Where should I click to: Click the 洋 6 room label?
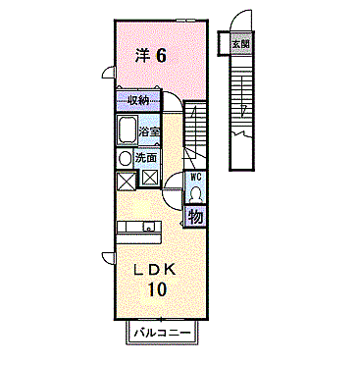tap(150, 56)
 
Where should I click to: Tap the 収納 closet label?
tap(136, 100)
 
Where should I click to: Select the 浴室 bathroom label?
tap(149, 131)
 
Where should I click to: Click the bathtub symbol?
tap(127, 130)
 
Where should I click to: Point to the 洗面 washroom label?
tap(146, 157)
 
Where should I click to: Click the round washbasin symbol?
tap(126, 158)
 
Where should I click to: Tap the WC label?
tap(195, 178)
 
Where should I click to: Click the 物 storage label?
tap(195, 216)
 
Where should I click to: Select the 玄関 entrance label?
tap(239, 44)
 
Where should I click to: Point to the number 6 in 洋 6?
tap(160, 56)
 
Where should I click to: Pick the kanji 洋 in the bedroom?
tap(140, 56)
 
